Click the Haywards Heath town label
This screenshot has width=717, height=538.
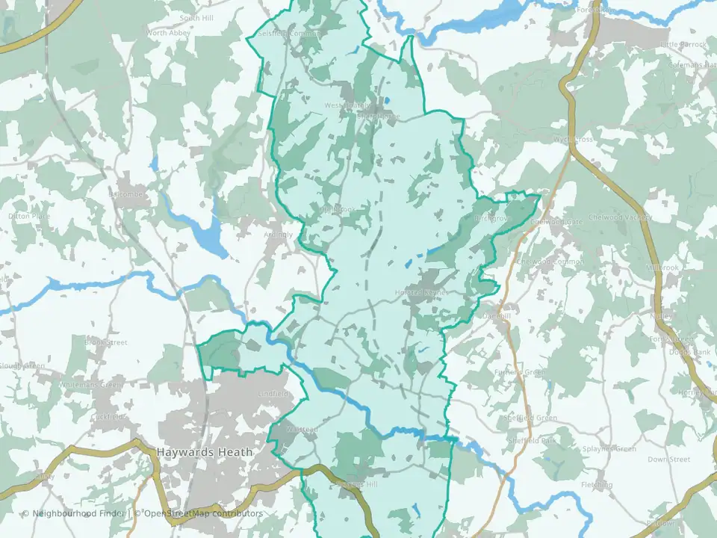[x=205, y=452]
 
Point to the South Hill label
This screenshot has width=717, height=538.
[x=197, y=16]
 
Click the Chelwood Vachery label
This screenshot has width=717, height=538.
[x=620, y=217]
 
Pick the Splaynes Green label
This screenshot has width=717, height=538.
[x=609, y=449]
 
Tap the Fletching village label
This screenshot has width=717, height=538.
[x=597, y=485]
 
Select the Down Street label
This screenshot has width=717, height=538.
[x=668, y=460]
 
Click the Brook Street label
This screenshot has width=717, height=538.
[x=105, y=342]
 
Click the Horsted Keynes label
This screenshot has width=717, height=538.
[x=421, y=292]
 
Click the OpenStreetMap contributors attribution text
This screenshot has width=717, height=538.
[x=202, y=513]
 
